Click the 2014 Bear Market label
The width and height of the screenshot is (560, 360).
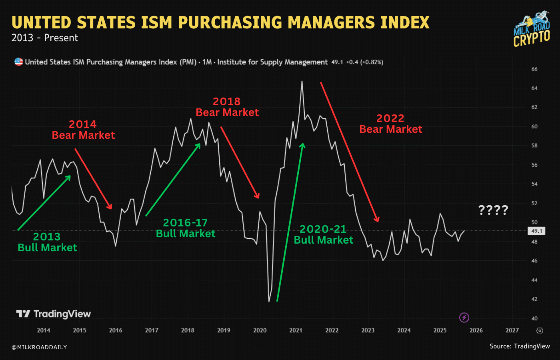pos(83,130)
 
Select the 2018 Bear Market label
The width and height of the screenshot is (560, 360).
pos(227,107)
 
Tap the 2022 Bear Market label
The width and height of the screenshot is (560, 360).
pos(391,124)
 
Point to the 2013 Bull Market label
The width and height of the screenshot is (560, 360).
pos(47,242)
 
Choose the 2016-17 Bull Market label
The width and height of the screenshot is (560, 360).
pos(186,228)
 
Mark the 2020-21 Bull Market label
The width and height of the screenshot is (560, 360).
pos(323,235)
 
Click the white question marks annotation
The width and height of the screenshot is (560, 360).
pos(493,210)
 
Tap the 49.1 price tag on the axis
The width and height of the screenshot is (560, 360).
pos(536,231)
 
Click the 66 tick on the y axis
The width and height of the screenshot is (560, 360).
pos(534,69)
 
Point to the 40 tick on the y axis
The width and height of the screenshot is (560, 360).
pos(534,318)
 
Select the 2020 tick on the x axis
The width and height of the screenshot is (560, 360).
pos(260,330)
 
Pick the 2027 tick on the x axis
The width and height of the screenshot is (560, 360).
pos(512,330)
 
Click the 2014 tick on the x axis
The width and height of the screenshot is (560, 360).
pos(44,330)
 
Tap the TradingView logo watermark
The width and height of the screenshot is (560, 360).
pos(54,314)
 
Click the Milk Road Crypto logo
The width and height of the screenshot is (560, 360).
pos(532,30)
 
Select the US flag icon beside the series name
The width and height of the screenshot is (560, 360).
pos(18,62)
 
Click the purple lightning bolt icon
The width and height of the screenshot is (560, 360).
pos(464,318)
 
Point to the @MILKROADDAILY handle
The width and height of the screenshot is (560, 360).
pos(39,347)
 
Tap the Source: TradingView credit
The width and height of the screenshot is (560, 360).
pos(520,346)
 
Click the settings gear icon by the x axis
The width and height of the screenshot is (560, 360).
pos(540,331)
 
